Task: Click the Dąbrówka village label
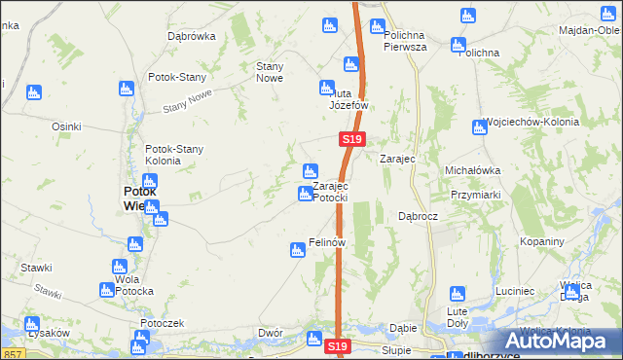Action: pos(191,36)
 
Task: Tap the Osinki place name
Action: pos(66,126)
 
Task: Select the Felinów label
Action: pos(328,241)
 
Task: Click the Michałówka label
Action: pos(472,170)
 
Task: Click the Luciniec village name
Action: pos(515,291)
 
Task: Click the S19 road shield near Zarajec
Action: pos(353,141)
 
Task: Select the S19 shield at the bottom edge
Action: pos(337,347)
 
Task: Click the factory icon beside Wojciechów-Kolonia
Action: pos(479,126)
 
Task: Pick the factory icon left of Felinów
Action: pos(297,251)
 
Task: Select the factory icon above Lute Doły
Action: pos(455,294)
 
